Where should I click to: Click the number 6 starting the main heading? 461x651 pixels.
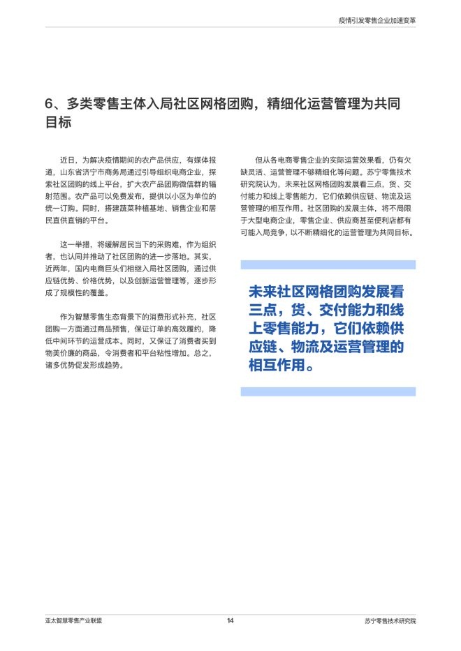pyautogui.click(x=50, y=105)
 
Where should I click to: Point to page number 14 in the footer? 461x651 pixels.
pyautogui.click(x=230, y=621)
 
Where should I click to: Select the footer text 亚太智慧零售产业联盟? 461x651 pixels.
pyautogui.click(x=75, y=621)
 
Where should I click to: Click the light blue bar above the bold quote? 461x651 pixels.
pyautogui.click(x=328, y=265)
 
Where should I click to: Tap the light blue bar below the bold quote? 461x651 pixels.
pyautogui.click(x=328, y=392)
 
